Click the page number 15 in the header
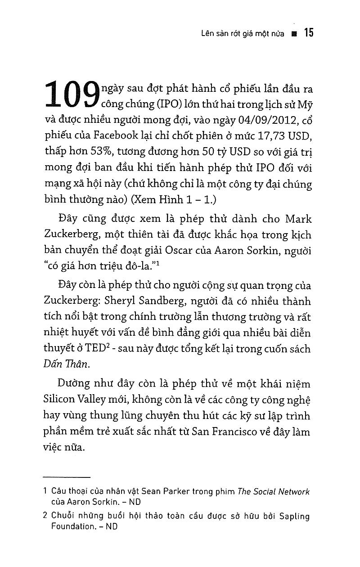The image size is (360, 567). pyautogui.click(x=308, y=33)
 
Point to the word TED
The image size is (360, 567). pyautogui.click(x=100, y=349)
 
